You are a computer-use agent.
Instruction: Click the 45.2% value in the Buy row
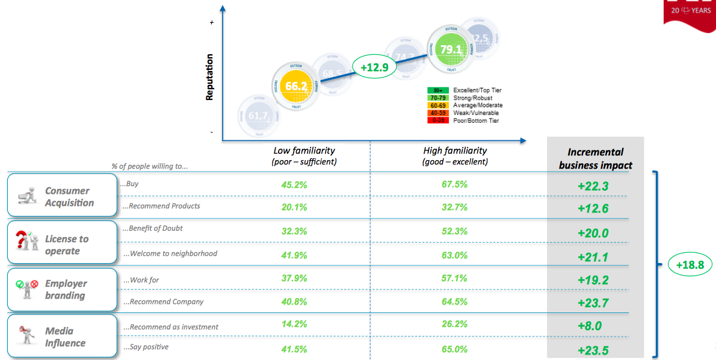click(x=294, y=185)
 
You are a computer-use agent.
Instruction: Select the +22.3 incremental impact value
click(x=593, y=187)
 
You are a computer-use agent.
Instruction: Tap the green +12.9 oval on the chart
click(x=374, y=67)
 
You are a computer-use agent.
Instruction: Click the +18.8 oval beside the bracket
click(x=689, y=264)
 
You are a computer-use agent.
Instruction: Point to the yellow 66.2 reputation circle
click(x=296, y=86)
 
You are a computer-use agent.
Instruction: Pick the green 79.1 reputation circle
click(x=451, y=49)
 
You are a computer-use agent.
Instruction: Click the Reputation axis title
click(x=209, y=77)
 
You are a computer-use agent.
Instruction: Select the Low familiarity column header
click(x=304, y=156)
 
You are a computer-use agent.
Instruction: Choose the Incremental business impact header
click(x=595, y=158)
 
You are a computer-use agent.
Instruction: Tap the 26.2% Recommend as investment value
click(x=454, y=324)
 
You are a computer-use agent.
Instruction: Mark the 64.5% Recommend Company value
click(x=454, y=301)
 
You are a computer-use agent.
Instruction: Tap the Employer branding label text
click(x=66, y=289)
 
